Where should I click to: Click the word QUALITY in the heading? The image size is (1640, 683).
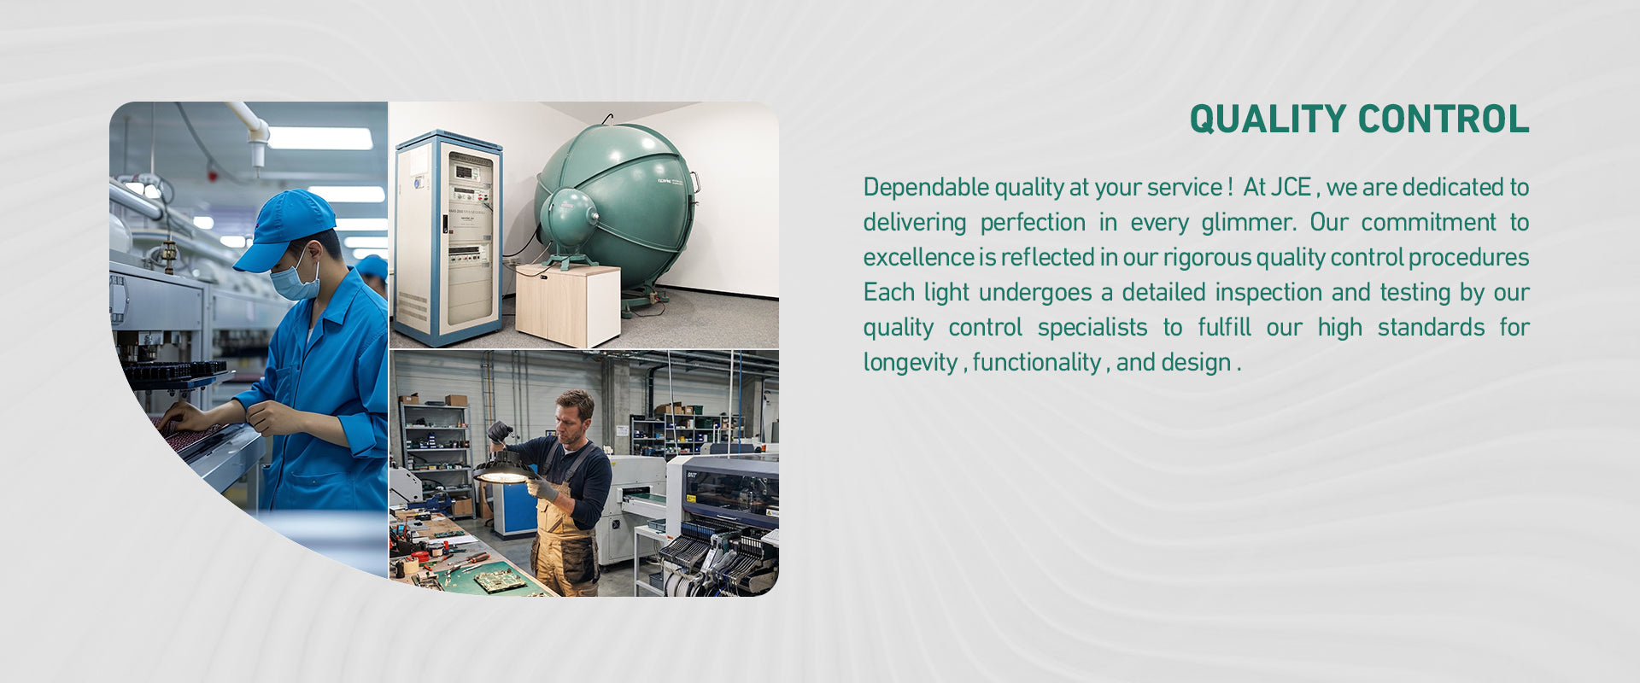(x=1268, y=120)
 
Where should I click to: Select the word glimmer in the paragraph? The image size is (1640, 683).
(x=1249, y=223)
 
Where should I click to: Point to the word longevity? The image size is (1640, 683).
(x=911, y=363)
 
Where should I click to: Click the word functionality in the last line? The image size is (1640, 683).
(x=1037, y=362)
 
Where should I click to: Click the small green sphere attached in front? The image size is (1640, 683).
(x=569, y=219)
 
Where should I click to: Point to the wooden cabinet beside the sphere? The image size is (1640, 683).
(x=568, y=304)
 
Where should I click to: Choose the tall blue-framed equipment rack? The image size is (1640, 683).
(x=448, y=238)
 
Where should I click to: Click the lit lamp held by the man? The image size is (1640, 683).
(x=504, y=469)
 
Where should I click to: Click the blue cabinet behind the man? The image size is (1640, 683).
(x=514, y=509)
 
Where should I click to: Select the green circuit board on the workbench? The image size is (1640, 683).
(x=499, y=581)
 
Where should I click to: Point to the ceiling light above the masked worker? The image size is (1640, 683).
(x=320, y=138)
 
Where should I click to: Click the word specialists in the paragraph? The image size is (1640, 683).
(x=1092, y=328)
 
